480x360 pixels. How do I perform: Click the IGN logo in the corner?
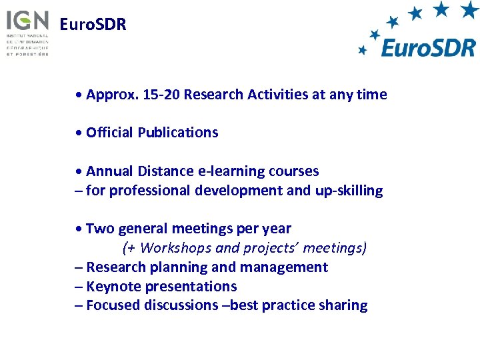[27, 31]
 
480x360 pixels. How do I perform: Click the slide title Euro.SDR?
[93, 25]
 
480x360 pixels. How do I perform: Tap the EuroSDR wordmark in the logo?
[428, 47]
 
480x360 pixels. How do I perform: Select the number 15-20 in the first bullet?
[161, 95]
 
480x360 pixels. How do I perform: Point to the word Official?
[110, 133]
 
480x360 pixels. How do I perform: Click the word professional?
[149, 191]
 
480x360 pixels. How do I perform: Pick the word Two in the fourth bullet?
[99, 229]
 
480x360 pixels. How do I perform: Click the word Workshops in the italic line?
[172, 248]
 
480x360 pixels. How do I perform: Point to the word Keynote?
[113, 287]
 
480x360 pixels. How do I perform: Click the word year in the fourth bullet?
[278, 229]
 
